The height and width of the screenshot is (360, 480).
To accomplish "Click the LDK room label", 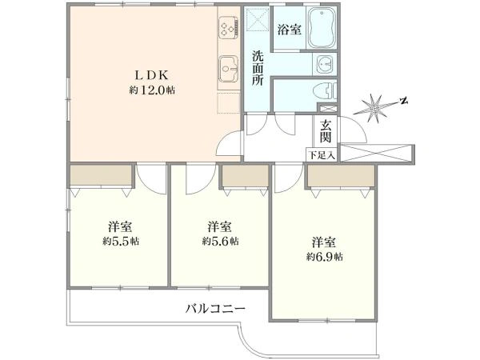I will [x=153, y=77].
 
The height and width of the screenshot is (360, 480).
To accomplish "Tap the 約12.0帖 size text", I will [x=152, y=90].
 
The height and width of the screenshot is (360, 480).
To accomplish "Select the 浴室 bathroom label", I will [x=289, y=30].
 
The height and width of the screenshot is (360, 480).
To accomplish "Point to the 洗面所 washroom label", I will [x=258, y=67].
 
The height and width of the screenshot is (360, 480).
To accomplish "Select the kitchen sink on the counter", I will [x=226, y=69].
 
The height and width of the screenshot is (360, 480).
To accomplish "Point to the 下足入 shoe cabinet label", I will [x=322, y=155].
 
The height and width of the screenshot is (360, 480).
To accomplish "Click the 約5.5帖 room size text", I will [x=120, y=240].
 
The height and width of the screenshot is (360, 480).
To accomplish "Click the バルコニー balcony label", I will [x=215, y=308].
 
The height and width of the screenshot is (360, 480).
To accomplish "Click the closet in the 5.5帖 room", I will [x=100, y=175].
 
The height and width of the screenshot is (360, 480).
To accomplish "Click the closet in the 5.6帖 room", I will [x=245, y=175].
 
